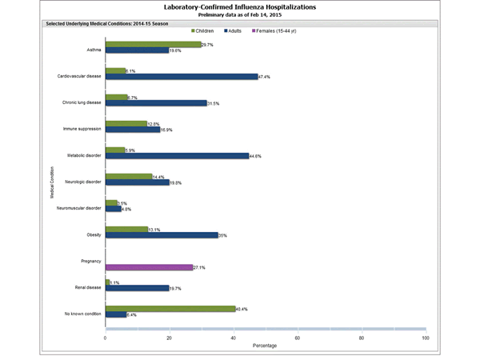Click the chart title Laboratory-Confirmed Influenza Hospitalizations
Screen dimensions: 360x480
point(239,6)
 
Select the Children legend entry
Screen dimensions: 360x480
point(206,30)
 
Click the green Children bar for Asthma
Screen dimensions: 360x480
point(153,45)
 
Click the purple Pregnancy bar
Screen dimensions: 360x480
point(148,267)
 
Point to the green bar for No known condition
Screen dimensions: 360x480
point(170,308)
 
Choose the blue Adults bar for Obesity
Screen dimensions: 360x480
point(161,235)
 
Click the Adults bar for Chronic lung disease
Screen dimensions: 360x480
point(155,102)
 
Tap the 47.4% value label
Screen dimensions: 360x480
point(265,77)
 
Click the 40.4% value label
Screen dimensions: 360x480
point(242,308)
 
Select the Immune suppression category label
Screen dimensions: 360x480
point(82,127)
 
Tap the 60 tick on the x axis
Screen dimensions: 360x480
point(297,338)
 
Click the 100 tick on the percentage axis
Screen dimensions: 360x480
point(425,338)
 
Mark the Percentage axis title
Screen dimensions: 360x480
point(265,346)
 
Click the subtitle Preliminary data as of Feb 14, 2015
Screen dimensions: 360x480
point(239,14)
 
